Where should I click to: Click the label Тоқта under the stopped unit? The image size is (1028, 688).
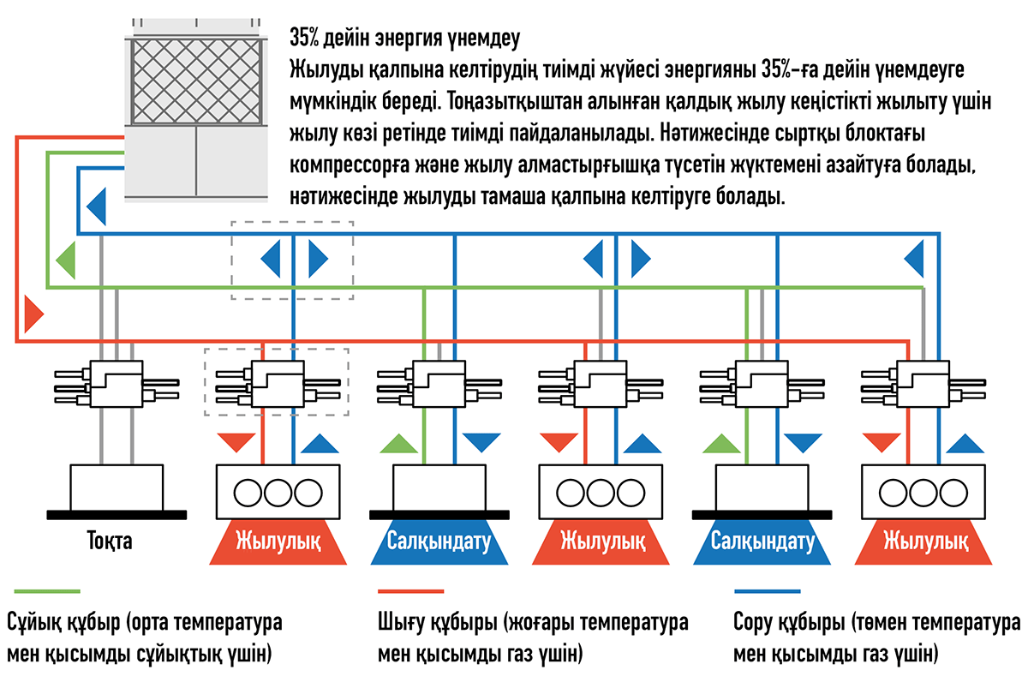110,541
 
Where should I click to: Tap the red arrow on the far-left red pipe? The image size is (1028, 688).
34,314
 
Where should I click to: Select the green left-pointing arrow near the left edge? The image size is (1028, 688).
66,260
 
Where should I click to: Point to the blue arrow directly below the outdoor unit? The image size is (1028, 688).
96,206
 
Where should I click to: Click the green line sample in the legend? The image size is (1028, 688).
47,591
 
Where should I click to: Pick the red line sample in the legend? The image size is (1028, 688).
410,591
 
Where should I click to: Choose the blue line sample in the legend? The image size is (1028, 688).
768,591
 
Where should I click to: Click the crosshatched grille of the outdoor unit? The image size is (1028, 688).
196,81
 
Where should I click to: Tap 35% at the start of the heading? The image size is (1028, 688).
304,38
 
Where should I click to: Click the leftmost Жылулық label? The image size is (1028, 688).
278,541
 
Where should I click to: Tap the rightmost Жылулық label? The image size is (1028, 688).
926,541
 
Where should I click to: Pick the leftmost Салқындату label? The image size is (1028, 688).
439,541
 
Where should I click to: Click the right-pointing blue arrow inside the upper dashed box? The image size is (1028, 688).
319,259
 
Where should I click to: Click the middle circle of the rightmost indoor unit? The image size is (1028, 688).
923,493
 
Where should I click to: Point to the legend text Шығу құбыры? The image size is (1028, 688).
438,622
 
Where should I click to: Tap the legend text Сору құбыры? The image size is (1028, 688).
789,622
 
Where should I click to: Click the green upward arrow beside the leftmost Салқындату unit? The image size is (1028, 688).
399,443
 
